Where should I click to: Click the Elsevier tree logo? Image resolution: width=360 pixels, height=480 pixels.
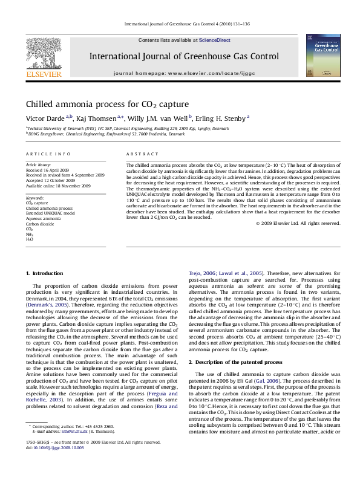43,54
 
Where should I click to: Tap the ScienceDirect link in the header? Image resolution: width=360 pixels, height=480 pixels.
215,40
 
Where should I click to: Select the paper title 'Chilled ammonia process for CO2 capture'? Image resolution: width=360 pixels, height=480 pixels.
107,104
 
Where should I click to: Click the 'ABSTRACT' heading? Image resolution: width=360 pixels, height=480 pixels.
138,154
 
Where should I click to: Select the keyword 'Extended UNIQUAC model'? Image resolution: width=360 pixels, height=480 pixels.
50,213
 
